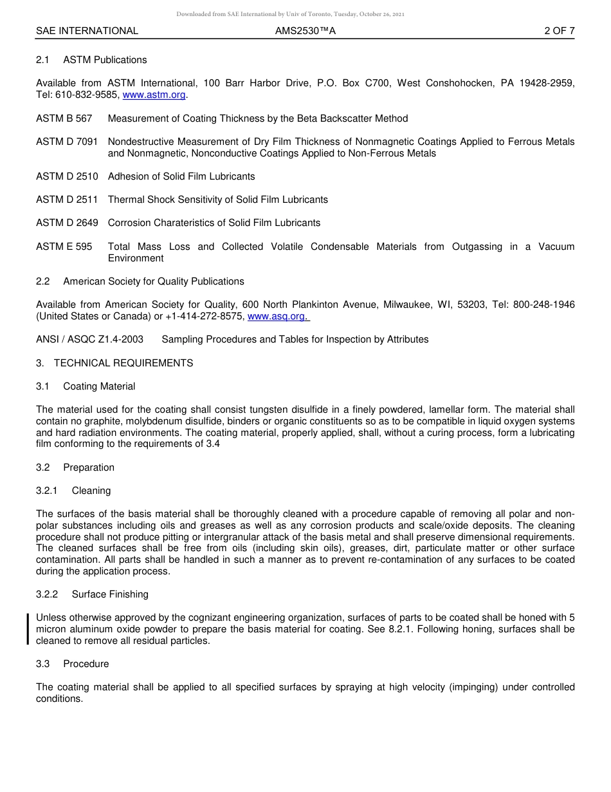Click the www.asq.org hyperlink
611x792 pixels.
[x=278, y=316]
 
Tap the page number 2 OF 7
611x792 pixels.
[x=559, y=31]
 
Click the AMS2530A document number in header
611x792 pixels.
[x=305, y=31]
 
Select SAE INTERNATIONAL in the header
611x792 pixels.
[x=87, y=31]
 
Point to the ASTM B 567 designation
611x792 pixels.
[x=64, y=118]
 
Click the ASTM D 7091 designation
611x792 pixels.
[x=67, y=142]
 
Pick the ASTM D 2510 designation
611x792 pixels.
[x=67, y=176]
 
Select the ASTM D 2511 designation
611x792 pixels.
[x=67, y=200]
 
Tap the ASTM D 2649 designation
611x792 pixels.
[x=67, y=223]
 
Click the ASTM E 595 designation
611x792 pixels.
[x=64, y=247]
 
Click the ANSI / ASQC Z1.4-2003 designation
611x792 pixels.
[x=89, y=339]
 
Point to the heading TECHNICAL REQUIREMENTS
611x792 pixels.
[x=123, y=363]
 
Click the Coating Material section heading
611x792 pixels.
[x=99, y=386]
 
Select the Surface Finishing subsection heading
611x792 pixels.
[x=110, y=594]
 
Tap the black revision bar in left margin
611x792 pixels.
[x=28, y=629]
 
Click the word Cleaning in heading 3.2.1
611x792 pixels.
[x=91, y=491]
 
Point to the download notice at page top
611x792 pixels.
[x=290, y=14]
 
